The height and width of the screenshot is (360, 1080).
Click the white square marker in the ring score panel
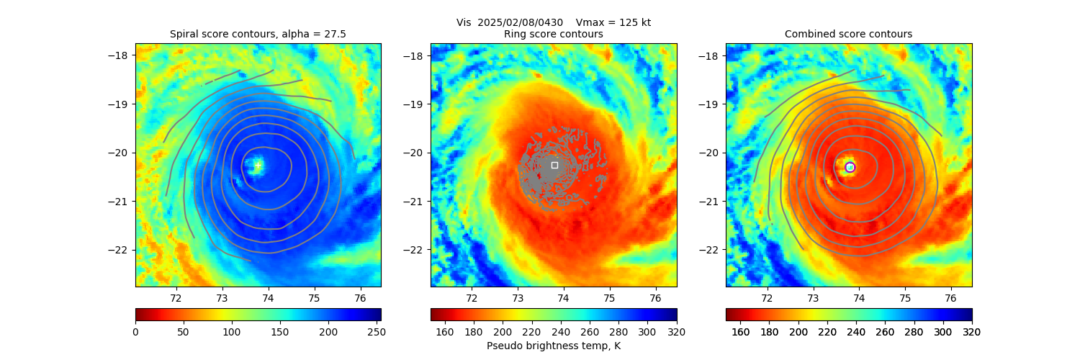tap(554, 165)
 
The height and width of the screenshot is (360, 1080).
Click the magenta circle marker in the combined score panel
tap(850, 167)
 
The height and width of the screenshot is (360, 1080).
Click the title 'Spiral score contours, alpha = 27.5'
tap(258, 34)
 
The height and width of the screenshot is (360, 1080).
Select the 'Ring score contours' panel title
tap(554, 34)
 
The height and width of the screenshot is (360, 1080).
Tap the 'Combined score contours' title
tap(848, 34)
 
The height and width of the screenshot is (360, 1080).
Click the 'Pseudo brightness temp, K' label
tap(554, 346)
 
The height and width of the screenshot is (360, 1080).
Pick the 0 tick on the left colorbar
tap(135, 331)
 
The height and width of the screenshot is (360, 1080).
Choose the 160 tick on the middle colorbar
tap(445, 331)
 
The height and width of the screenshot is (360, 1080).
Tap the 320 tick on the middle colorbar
tap(677, 331)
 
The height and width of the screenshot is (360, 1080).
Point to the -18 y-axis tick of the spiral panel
tap(122, 55)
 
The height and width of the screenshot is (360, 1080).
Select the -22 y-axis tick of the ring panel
tap(417, 250)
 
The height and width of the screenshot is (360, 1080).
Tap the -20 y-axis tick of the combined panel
tap(712, 153)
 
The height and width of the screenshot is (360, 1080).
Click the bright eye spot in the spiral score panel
tap(257, 166)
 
